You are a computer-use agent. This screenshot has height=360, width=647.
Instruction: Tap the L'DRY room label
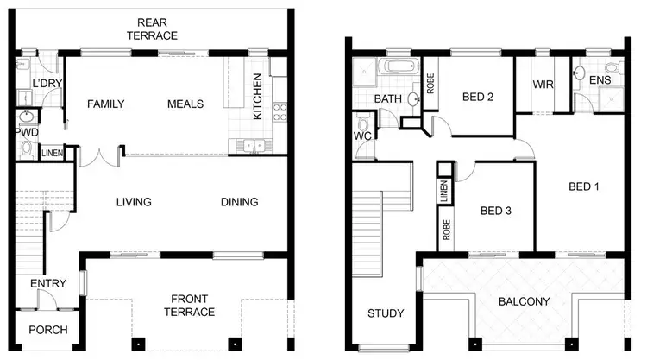click(45, 84)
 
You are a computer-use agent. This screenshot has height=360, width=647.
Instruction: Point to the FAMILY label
click(106, 104)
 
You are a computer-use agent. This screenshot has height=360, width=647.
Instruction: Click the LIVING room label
click(134, 203)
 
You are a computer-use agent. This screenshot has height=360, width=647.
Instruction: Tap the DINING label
click(239, 203)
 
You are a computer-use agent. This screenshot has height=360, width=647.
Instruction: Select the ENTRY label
click(48, 284)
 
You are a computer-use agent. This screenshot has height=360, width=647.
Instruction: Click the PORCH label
click(48, 331)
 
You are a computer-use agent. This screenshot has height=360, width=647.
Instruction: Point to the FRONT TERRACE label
click(192, 305)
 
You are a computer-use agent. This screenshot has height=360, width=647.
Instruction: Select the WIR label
click(543, 85)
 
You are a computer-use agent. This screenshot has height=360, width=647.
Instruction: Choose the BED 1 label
click(584, 186)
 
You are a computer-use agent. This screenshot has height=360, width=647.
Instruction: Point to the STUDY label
click(385, 313)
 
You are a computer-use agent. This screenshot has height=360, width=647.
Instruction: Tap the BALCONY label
click(524, 301)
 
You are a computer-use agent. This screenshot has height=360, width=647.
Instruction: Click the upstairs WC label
click(362, 136)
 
